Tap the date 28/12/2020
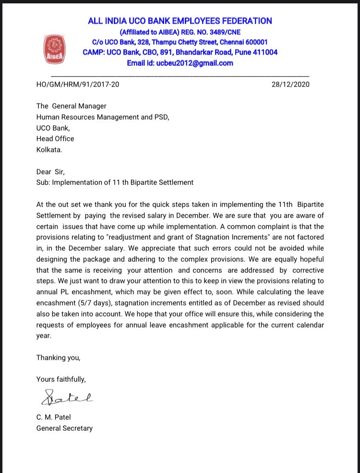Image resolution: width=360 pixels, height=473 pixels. tap(290, 85)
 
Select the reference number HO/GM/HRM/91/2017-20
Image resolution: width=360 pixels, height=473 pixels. tap(78, 85)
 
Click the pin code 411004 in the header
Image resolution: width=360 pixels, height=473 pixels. tap(265, 52)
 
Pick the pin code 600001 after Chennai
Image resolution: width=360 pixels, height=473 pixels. tap(255, 42)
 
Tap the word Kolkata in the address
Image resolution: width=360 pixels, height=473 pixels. tap(49, 149)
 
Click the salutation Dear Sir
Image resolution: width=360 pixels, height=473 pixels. tap(50, 171)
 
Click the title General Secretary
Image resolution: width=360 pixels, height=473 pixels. tap(64, 428)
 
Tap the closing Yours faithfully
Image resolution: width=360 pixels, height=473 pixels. tap(61, 379)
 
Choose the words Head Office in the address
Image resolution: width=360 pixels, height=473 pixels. tap(55, 138)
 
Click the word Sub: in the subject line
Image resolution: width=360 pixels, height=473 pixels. tap(43, 182)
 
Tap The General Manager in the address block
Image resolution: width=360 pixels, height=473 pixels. tap(72, 106)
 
